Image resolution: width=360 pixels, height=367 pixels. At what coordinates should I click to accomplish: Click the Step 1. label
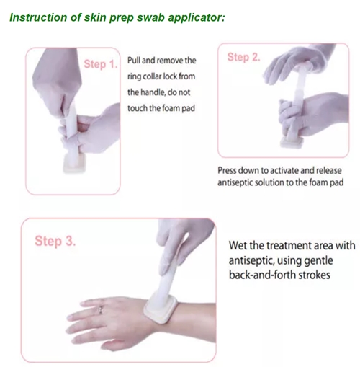click(x=100, y=64)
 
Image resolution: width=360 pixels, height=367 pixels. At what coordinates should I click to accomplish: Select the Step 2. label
click(x=243, y=58)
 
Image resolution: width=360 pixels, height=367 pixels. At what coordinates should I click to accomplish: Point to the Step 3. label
click(x=55, y=241)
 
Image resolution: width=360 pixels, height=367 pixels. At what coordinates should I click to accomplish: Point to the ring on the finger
click(x=101, y=310)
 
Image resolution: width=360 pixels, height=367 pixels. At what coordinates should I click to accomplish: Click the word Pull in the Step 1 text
click(x=134, y=60)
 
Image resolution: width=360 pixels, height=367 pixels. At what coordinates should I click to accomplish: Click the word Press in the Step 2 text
click(x=226, y=170)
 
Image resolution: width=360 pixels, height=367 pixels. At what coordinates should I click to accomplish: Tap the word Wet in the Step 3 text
click(x=238, y=245)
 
